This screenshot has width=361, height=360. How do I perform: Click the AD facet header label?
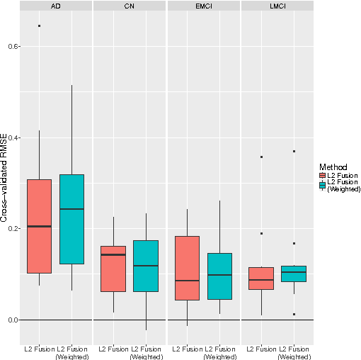point(55,6)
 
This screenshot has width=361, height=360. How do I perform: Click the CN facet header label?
point(130,6)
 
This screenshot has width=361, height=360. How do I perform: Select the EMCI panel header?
point(203,6)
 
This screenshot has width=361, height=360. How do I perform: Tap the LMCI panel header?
point(277,6)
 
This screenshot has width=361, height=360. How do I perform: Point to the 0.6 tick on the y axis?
point(11,46)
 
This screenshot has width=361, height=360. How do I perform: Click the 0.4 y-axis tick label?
point(11,137)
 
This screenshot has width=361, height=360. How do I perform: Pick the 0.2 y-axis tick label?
point(11,229)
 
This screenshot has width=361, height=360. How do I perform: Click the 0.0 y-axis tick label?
point(11,320)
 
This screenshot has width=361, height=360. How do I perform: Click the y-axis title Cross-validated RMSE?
point(4,177)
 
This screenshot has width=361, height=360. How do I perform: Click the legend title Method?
point(331,167)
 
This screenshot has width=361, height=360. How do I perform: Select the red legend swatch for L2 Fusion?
point(323,175)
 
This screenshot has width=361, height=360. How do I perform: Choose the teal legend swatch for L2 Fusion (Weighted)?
point(323,185)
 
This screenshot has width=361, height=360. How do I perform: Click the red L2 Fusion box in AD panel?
point(40,226)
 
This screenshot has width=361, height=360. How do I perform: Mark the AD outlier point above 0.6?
point(39,26)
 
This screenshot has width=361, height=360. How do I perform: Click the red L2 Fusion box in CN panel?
point(113,269)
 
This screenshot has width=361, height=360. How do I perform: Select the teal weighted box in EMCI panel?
point(219,276)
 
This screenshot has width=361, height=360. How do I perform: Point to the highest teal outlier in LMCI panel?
point(294,151)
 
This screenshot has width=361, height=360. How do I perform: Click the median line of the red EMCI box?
point(187,281)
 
